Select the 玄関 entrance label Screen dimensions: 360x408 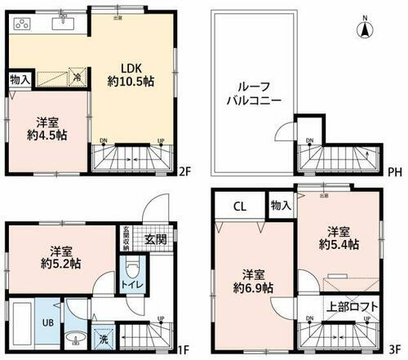pyautogui.click(x=157, y=239)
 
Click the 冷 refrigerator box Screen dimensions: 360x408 pyautogui.click(x=75, y=79)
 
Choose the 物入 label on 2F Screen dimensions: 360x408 pyautogui.click(x=20, y=80)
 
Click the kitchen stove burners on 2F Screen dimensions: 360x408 pyautogui.click(x=23, y=24)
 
